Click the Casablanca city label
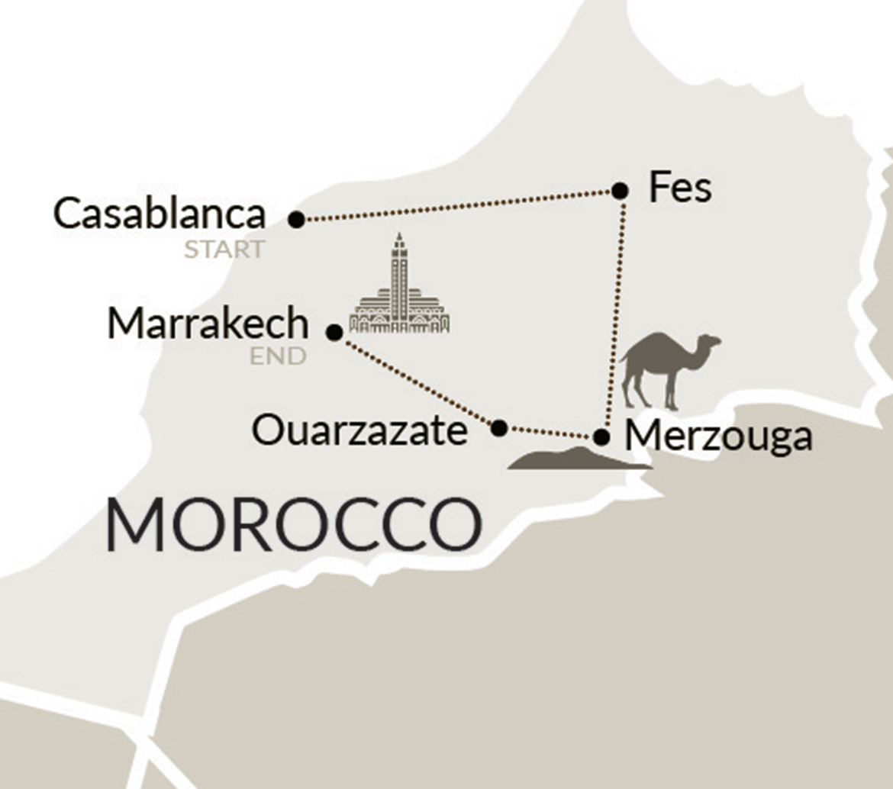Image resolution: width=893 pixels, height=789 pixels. (159, 214)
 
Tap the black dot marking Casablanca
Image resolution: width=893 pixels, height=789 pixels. (297, 220)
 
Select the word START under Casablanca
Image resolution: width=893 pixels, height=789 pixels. (224, 250)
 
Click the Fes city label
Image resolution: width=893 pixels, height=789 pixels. (680, 188)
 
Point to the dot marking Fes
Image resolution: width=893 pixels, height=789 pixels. (621, 190)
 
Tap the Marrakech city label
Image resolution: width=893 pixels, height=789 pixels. (208, 324)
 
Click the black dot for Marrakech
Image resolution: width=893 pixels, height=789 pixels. (334, 332)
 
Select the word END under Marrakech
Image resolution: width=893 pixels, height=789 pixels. (277, 356)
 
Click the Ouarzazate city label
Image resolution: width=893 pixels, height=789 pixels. (359, 431)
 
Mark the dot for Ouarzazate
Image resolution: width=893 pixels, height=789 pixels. (499, 428)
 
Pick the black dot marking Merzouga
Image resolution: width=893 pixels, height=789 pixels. (601, 437)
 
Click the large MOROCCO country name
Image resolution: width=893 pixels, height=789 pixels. (294, 526)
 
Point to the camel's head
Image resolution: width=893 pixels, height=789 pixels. (710, 342)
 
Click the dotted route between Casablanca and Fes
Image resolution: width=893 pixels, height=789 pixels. (458, 205)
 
